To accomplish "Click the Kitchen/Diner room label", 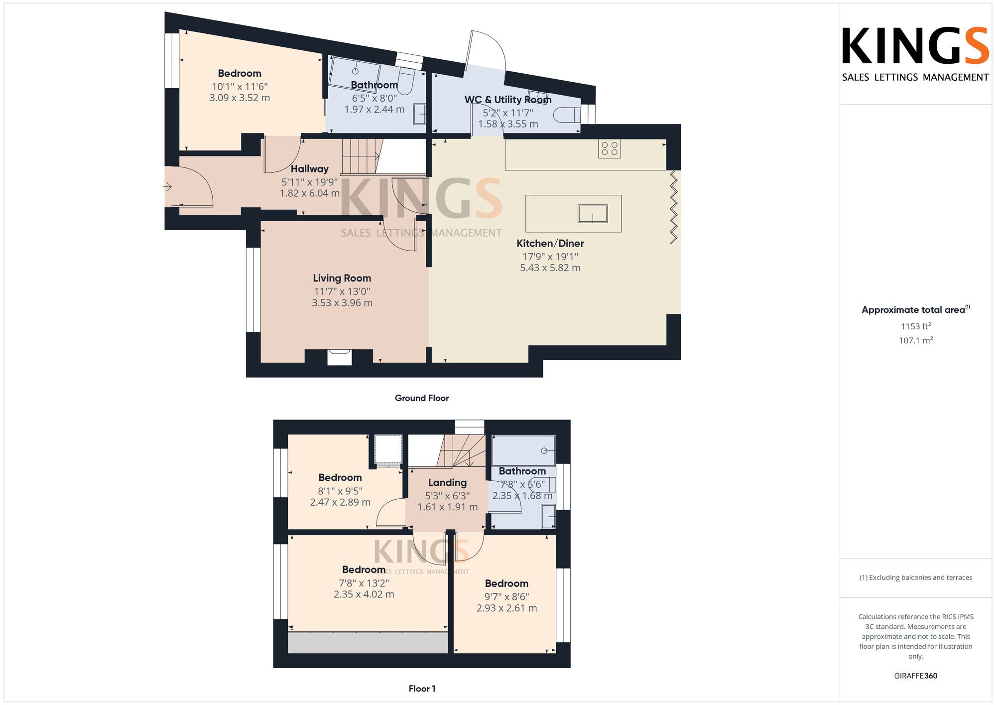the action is (550, 244).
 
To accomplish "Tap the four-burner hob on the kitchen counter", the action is (610, 148).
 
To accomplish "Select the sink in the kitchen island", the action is (593, 214).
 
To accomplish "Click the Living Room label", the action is (342, 278).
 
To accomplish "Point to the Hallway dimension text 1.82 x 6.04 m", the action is (310, 193).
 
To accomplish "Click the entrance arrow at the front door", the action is (167, 187).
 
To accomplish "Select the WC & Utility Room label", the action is (508, 100).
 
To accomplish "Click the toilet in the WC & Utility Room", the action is (567, 115).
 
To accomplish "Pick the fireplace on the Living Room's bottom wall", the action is (340, 357).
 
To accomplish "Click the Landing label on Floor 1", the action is (447, 483).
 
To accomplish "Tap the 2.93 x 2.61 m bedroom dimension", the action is (507, 608).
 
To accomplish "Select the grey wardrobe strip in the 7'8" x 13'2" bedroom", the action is (368, 643).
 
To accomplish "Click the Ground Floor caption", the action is (422, 398).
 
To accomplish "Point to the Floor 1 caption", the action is (422, 689).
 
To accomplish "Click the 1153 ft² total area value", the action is (916, 326).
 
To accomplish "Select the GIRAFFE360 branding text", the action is (916, 676).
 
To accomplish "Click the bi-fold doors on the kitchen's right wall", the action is (673, 207).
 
